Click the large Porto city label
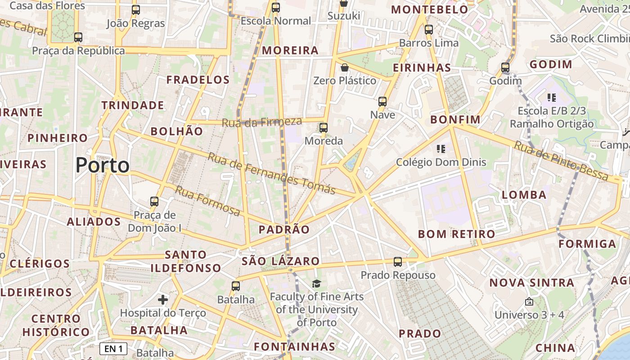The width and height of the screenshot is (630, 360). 102,166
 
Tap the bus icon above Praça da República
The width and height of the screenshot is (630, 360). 78,37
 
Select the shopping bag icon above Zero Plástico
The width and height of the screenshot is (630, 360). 345,68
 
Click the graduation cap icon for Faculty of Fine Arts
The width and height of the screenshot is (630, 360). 317,283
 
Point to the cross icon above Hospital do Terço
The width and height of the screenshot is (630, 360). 163,299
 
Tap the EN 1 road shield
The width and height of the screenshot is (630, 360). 113,349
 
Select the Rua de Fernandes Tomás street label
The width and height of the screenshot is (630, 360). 272,174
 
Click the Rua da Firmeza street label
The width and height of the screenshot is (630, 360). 261,121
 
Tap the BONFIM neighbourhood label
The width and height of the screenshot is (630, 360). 455,120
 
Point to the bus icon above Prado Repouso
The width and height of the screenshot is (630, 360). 398,262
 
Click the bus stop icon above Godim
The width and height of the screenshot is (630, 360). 505,68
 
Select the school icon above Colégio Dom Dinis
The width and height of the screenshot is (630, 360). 441,149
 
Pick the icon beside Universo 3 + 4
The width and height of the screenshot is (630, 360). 529,301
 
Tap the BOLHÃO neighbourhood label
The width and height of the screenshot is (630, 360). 176,131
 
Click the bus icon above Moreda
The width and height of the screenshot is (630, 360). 324,128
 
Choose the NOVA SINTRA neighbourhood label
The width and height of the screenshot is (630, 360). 531,283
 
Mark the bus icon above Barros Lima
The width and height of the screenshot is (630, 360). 429,30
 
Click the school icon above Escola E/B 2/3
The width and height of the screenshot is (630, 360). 552,97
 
